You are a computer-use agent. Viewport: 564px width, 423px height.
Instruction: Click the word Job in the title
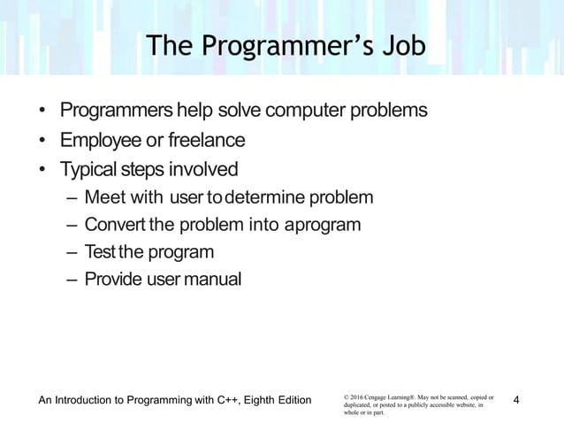pyautogui.click(x=394, y=45)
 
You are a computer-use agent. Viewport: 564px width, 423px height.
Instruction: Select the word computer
pyautogui.click(x=317, y=112)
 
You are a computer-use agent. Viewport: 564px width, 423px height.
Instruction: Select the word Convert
pyautogui.click(x=116, y=224)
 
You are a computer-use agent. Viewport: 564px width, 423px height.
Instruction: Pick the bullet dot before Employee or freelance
pyautogui.click(x=42, y=140)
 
